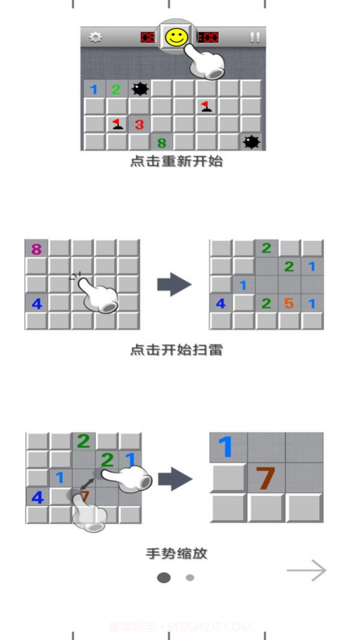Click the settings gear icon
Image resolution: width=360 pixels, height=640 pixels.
95,37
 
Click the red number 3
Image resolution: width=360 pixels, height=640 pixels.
139,124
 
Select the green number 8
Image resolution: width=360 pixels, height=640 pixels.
161,143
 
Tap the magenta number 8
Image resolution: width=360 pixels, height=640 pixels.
36,249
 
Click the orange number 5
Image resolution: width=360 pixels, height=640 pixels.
289,303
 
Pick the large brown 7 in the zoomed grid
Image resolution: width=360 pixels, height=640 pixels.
265,478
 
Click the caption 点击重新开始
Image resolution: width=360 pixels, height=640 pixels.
176,162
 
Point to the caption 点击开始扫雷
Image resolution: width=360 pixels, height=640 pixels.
176,350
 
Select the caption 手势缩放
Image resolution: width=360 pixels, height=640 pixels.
176,553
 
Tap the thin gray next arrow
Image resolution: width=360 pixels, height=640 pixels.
307,571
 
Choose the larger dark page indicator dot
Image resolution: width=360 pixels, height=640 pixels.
163,578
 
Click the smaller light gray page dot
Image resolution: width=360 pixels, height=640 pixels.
190,578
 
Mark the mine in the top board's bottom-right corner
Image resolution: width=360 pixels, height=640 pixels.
251,142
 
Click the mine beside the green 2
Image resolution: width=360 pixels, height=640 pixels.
139,90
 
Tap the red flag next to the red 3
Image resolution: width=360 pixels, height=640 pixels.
117,124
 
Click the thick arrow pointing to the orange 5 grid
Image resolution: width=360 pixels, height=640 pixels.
174,284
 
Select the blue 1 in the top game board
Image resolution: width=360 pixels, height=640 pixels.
94,90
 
